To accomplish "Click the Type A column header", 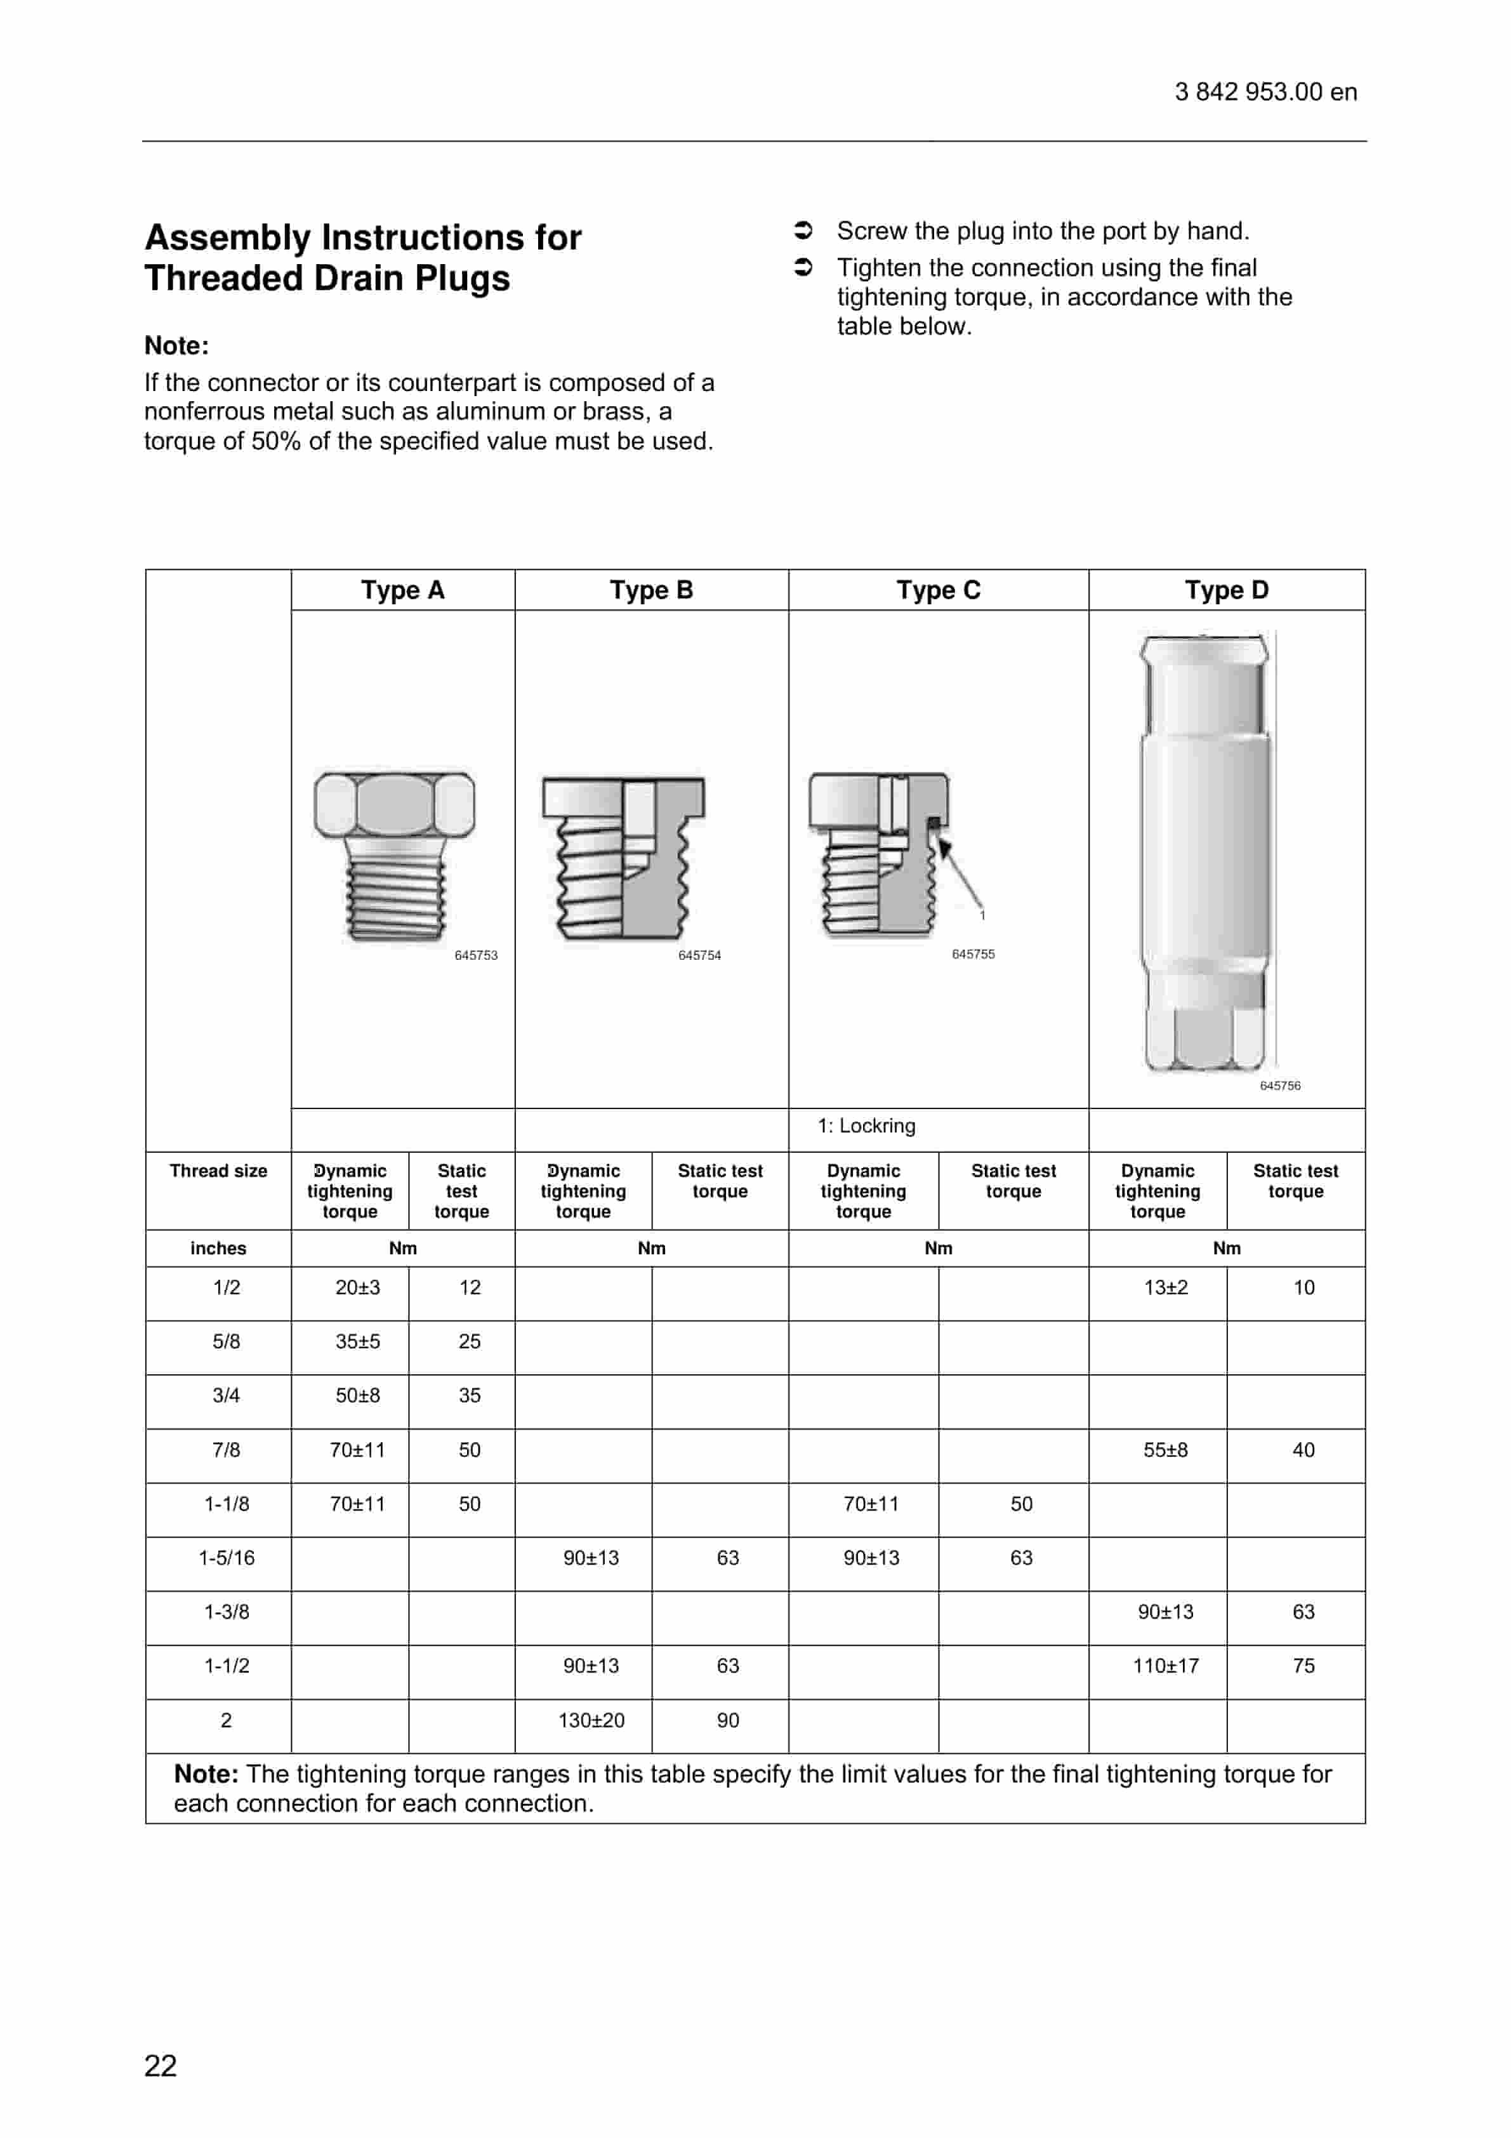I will tap(402, 590).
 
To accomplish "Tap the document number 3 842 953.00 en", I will tap(1265, 92).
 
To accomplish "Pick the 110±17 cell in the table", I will tap(1166, 1666).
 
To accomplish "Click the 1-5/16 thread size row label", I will tap(226, 1558).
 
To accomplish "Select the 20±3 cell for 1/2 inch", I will tap(357, 1288).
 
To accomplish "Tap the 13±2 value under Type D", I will tap(1166, 1288).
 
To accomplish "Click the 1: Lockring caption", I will tap(866, 1125).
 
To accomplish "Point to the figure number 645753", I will tap(476, 955).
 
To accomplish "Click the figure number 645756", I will tap(1280, 1086).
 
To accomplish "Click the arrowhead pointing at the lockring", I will tap(944, 847).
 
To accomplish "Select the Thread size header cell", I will tap(218, 1171).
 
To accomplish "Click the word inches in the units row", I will tap(218, 1249).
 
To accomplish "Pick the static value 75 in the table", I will tap(1303, 1666).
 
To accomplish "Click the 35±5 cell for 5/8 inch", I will tap(357, 1342).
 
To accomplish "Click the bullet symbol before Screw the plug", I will tap(803, 230).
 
